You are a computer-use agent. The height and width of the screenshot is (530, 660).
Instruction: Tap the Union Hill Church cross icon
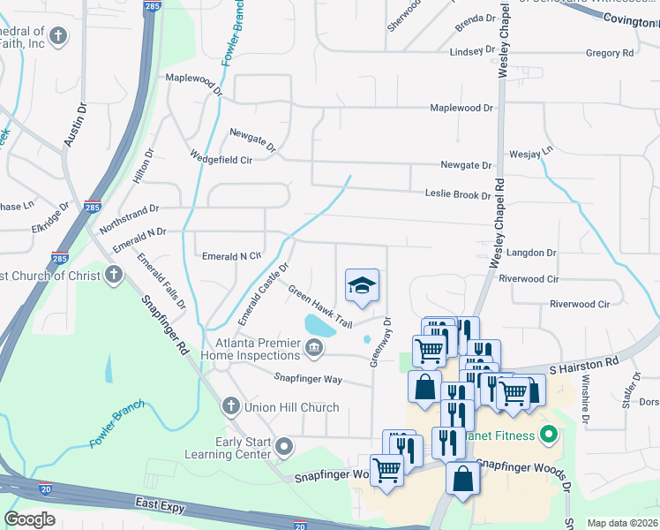[x=230, y=406]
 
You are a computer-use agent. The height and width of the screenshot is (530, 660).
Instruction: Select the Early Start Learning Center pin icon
[x=283, y=447]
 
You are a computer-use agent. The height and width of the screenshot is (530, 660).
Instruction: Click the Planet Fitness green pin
[x=547, y=435]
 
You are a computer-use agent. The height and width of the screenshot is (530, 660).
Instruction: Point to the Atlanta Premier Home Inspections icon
[x=313, y=351]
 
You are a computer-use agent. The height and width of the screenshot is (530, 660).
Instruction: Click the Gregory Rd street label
[x=610, y=53]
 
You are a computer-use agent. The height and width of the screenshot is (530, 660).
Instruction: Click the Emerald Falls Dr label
[x=161, y=281]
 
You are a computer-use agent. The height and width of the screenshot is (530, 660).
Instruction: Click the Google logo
[x=30, y=519]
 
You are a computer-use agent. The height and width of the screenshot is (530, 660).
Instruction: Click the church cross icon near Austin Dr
[x=58, y=36]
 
